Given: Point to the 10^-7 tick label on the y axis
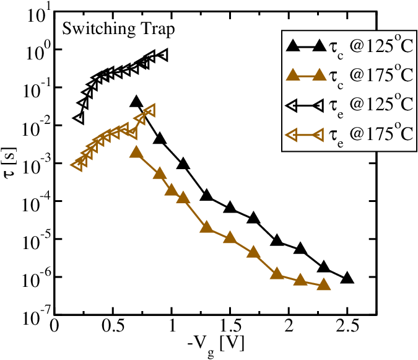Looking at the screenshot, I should (30, 316).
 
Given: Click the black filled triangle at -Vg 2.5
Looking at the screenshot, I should (347, 278).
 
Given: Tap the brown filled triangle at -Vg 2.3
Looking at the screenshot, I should (324, 284).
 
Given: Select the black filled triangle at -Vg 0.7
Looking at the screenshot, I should (137, 102).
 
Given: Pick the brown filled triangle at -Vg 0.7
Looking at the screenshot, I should (137, 152).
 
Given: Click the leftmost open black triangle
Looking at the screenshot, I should (78, 118).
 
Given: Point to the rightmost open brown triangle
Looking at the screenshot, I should (149, 110).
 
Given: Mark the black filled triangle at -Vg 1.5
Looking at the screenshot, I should (230, 207).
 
